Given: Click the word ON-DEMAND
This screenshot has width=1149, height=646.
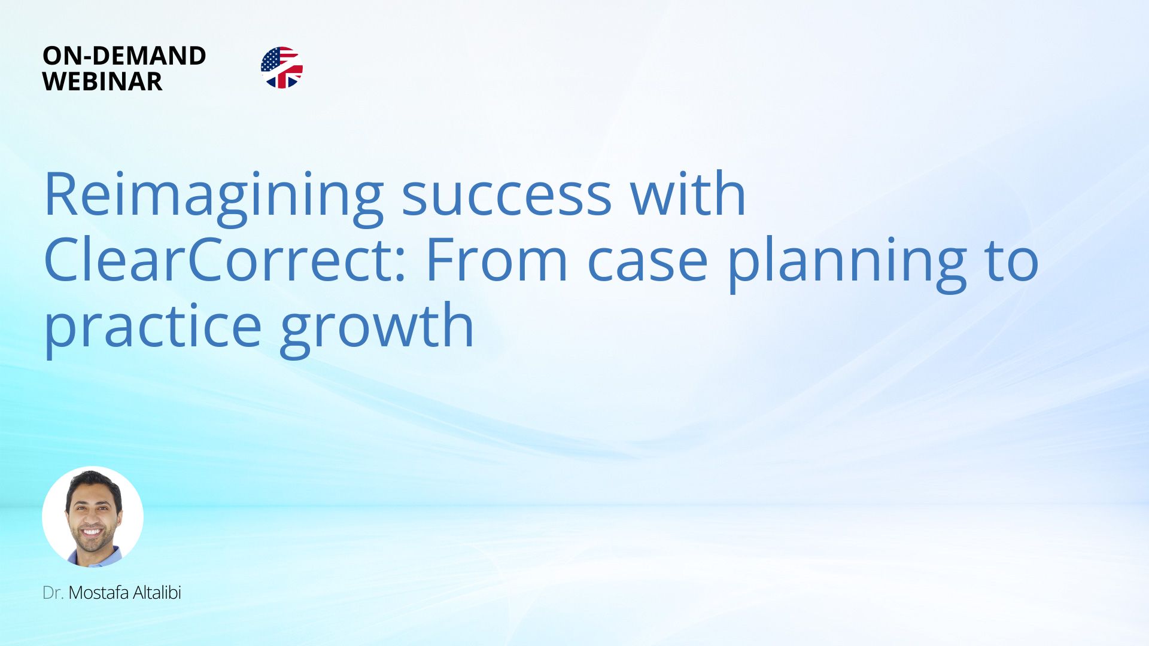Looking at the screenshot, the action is coord(124,56).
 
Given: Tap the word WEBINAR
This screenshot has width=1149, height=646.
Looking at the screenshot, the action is coord(102,81).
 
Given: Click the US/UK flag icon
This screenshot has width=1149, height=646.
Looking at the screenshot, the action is coord(282,68).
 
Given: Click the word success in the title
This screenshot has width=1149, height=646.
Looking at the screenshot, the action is coord(506,197).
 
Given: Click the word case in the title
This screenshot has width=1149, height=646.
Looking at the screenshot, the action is coord(648,263).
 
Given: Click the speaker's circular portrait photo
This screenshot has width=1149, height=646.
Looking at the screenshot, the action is coord(93,516).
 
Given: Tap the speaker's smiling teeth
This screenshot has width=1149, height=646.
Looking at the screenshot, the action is coord(92,531).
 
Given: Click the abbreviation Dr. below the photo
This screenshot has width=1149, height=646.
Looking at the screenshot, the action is coord(53,593).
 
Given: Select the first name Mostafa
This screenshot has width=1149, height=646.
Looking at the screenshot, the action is coord(99,593).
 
